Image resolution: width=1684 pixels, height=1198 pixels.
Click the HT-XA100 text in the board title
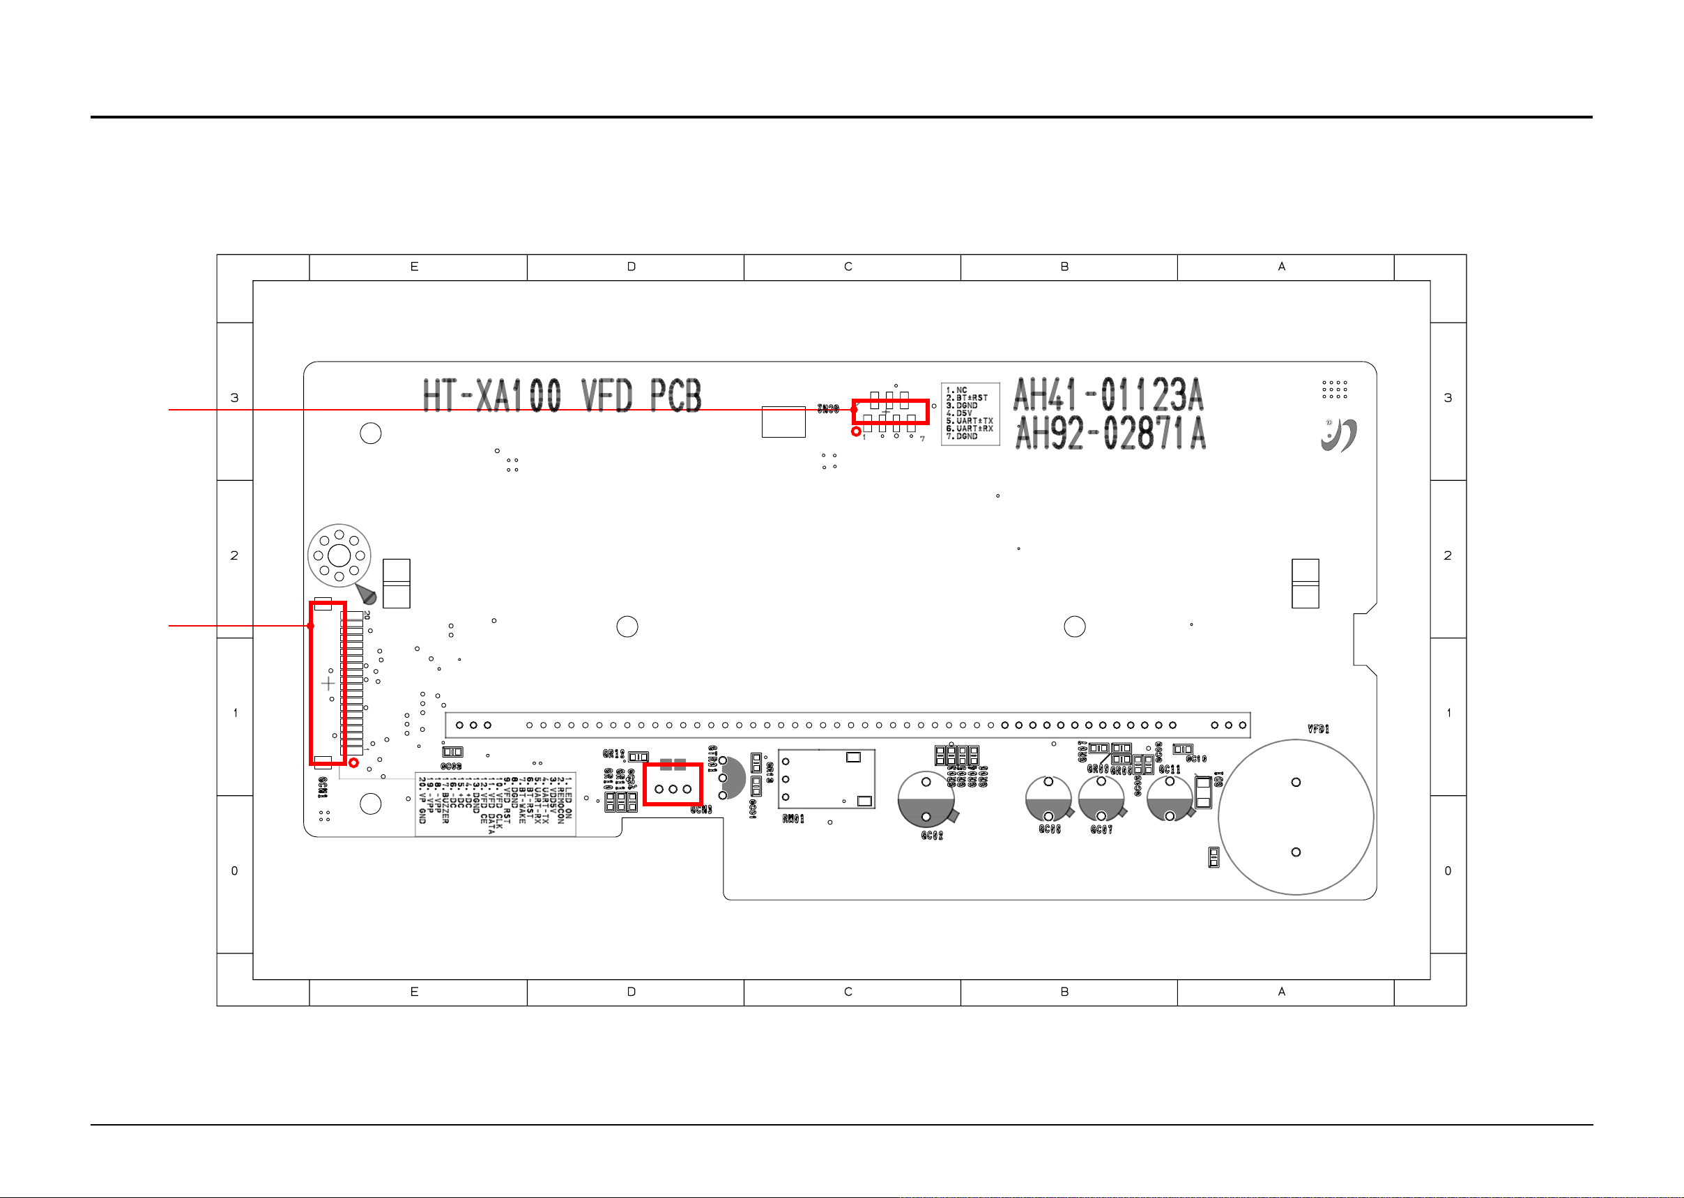(491, 396)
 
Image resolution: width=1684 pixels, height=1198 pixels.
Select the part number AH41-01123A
(1108, 394)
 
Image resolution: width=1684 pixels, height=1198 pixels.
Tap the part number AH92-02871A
(1110, 433)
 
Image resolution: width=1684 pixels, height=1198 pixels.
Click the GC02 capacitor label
(932, 836)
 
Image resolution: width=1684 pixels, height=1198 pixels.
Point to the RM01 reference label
(794, 819)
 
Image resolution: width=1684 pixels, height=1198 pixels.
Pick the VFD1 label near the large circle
(1318, 729)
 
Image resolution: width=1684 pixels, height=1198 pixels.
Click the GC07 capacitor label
(1101, 830)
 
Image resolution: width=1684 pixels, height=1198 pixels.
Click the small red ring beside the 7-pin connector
(856, 431)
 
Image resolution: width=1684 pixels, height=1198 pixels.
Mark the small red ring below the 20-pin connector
(354, 762)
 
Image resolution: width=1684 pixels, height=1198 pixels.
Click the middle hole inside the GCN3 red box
(673, 790)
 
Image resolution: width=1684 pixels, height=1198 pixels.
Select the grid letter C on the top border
(848, 267)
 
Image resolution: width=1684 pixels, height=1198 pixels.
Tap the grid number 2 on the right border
(1447, 555)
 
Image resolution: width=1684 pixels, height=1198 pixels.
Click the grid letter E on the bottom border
(414, 992)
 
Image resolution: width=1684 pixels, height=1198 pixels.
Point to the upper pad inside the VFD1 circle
(1295, 782)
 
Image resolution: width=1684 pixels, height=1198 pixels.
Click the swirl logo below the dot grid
(1339, 436)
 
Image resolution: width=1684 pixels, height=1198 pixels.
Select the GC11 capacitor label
(1169, 769)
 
